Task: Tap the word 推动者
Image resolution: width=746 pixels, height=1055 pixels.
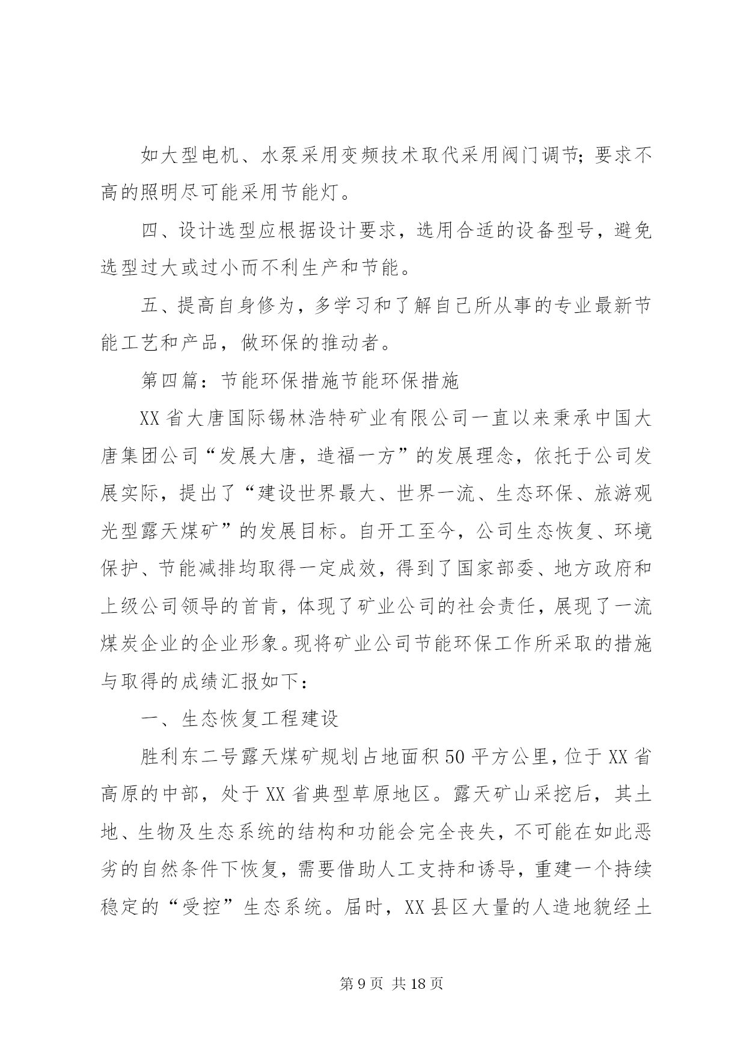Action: coord(353,343)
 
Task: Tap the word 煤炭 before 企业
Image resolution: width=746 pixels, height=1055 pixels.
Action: coord(120,643)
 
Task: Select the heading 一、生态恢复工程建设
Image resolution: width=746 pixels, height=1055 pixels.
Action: coord(239,718)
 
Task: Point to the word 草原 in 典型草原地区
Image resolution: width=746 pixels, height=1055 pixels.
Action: coord(353,793)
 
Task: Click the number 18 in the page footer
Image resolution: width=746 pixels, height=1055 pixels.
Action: coord(418,984)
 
